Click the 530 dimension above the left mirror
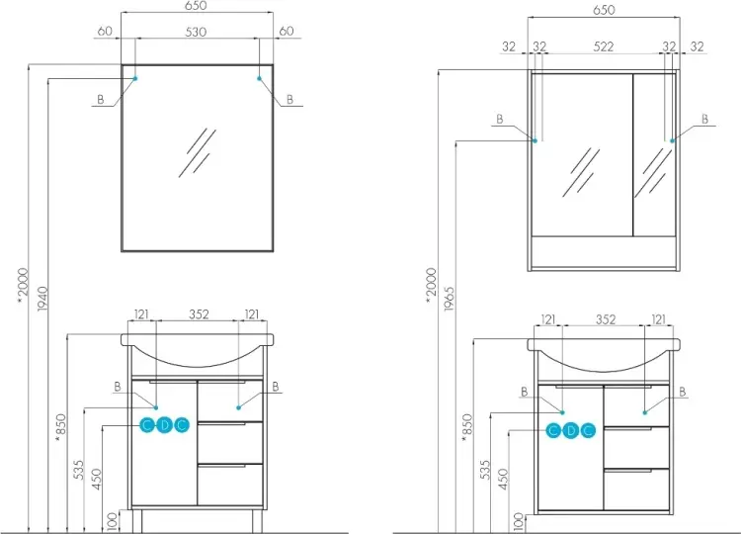(x=196, y=32)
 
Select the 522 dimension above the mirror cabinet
(x=604, y=46)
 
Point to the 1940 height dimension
(x=42, y=299)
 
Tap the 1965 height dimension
(x=449, y=299)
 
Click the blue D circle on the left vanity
(x=164, y=425)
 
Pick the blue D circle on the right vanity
(x=571, y=430)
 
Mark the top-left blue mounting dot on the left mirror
(x=135, y=78)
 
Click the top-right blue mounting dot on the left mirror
(x=259, y=78)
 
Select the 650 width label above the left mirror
(x=196, y=6)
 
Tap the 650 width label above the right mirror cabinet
(x=604, y=10)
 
